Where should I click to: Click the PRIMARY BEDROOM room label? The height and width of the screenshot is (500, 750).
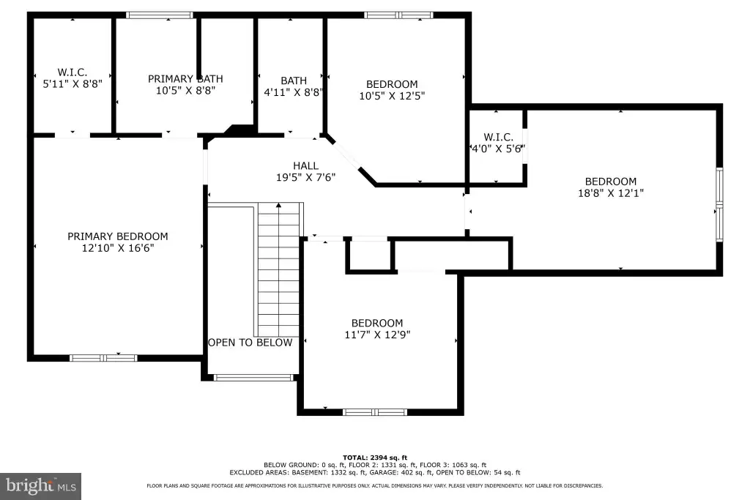[118, 236]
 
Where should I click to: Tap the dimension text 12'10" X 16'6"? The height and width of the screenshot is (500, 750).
[118, 248]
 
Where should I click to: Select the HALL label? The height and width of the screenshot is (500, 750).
[305, 166]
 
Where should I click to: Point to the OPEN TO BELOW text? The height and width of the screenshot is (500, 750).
[250, 343]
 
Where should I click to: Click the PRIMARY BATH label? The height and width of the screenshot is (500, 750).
[185, 79]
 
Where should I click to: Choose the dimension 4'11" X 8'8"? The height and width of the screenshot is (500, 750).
[294, 92]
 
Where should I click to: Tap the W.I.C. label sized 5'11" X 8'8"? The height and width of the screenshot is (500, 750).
[73, 72]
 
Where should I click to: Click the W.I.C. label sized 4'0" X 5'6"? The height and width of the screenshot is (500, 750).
[498, 137]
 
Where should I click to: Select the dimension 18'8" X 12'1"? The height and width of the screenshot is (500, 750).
[611, 193]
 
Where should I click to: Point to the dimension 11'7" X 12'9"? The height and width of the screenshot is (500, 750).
[377, 335]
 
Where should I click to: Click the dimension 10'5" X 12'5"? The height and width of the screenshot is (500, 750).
[393, 96]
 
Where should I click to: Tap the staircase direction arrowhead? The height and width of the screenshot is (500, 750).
[279, 206]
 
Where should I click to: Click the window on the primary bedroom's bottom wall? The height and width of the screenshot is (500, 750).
[103, 358]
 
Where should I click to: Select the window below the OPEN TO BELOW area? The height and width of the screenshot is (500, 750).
[253, 378]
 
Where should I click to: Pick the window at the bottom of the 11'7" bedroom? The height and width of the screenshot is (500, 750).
[375, 412]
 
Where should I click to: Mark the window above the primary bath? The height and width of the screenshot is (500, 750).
[159, 15]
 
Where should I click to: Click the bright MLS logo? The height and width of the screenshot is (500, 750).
[41, 487]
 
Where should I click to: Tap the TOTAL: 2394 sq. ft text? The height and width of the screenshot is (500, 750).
[375, 458]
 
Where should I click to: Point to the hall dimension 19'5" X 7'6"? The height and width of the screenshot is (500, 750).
[305, 177]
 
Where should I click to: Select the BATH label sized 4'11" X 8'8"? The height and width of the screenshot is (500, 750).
[294, 81]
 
